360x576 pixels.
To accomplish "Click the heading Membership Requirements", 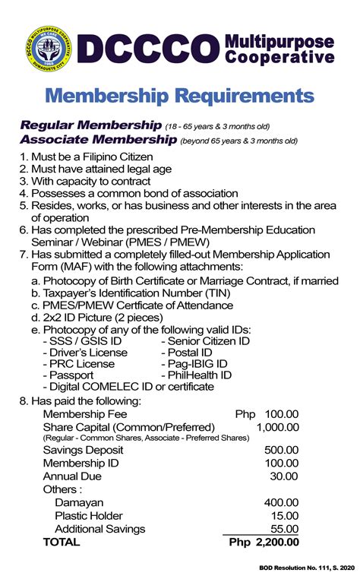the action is click(x=180, y=96).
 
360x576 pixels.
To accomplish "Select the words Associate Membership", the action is click(x=98, y=140).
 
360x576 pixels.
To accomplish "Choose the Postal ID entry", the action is click(x=187, y=353).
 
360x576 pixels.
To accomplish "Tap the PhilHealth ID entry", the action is click(x=196, y=375).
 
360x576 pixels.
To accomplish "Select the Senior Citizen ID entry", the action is click(x=205, y=341).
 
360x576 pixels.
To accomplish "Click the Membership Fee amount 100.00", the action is click(x=281, y=414).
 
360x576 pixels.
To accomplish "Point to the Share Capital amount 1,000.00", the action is click(x=277, y=428).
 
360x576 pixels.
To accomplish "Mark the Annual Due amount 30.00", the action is click(x=284, y=476).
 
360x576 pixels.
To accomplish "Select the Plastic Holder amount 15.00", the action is click(x=284, y=516).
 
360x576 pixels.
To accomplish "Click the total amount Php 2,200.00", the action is click(x=264, y=543).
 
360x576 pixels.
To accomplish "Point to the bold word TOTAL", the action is click(x=62, y=543).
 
